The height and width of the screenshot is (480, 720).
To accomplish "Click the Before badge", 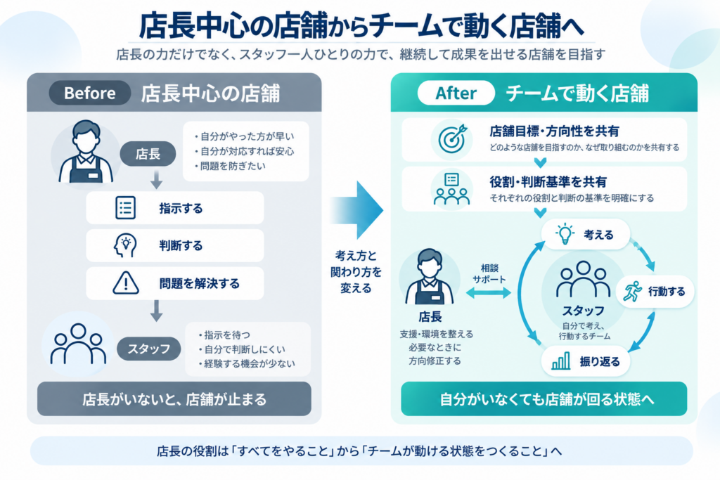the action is (x=90, y=93).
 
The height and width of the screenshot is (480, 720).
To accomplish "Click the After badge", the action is (x=456, y=93).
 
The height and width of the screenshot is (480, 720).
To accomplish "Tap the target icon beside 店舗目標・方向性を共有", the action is (x=452, y=138).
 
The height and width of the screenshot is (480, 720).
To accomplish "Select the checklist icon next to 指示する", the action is (x=125, y=207).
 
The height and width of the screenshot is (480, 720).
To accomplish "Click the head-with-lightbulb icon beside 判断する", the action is (x=125, y=245).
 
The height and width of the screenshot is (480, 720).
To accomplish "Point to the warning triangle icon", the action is (x=126, y=283).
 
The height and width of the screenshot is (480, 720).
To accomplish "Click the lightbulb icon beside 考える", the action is (x=565, y=235).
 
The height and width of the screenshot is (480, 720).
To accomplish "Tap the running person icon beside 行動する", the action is (x=633, y=292).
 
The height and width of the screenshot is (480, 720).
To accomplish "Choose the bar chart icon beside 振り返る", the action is (x=561, y=361).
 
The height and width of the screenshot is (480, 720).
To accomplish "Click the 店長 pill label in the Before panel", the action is (x=148, y=154).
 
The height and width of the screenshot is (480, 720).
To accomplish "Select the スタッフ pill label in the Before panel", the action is (x=149, y=349).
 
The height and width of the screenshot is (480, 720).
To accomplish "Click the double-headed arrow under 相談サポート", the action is (x=489, y=293).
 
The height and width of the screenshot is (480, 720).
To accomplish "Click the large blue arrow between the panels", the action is (x=356, y=209).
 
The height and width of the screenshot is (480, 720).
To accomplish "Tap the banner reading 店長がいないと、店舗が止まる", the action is (x=174, y=398).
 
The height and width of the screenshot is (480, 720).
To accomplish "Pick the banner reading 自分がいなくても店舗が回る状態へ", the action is (x=544, y=398).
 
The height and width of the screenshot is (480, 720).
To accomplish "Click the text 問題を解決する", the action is (x=199, y=284).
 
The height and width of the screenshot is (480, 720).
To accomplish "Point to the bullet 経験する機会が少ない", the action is (x=247, y=363).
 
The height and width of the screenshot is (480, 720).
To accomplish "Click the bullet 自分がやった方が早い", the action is (x=244, y=136).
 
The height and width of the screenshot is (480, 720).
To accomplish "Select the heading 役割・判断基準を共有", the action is (x=548, y=182).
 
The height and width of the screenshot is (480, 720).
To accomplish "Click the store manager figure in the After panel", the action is (x=430, y=277).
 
